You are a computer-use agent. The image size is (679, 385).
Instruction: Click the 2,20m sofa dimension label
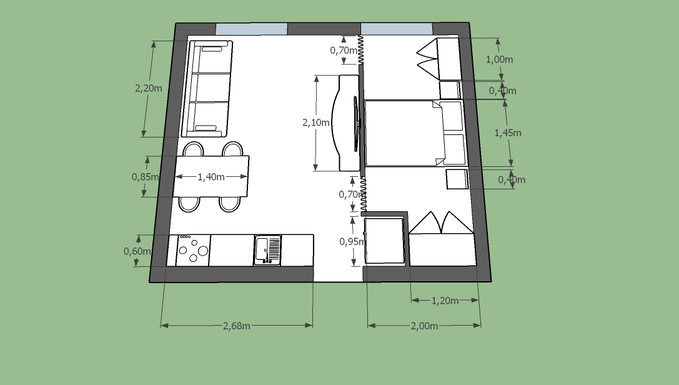tap(149, 88)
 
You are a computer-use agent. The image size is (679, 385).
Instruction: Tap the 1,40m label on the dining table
tap(211, 177)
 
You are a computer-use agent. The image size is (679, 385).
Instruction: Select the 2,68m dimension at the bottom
tap(237, 326)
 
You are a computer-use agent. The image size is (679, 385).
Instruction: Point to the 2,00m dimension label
tap(424, 326)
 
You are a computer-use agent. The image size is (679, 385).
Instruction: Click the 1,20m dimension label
tap(445, 301)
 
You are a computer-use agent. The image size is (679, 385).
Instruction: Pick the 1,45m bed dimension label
tap(507, 133)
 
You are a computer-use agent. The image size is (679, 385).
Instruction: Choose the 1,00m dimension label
tap(499, 59)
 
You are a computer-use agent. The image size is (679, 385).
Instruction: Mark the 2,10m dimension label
tap(315, 122)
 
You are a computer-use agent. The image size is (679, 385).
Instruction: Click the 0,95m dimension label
tap(352, 242)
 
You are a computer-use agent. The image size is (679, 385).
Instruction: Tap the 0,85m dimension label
tap(145, 177)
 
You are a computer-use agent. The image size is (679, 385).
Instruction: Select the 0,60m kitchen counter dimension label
tap(137, 251)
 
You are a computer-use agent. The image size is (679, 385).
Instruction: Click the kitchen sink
tap(267, 250)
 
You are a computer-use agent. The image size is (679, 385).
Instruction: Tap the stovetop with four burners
tap(192, 251)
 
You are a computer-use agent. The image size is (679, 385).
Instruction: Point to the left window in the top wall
tap(252, 29)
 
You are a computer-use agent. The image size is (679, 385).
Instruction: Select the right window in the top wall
tap(397, 29)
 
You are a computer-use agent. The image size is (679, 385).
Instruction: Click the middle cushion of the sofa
tap(212, 88)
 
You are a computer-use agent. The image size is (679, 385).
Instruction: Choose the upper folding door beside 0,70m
tap(360, 51)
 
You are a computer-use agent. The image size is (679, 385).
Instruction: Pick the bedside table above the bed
tap(450, 90)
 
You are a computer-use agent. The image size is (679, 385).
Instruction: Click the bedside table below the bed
tap(457, 179)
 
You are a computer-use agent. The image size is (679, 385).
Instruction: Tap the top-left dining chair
tap(193, 149)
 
